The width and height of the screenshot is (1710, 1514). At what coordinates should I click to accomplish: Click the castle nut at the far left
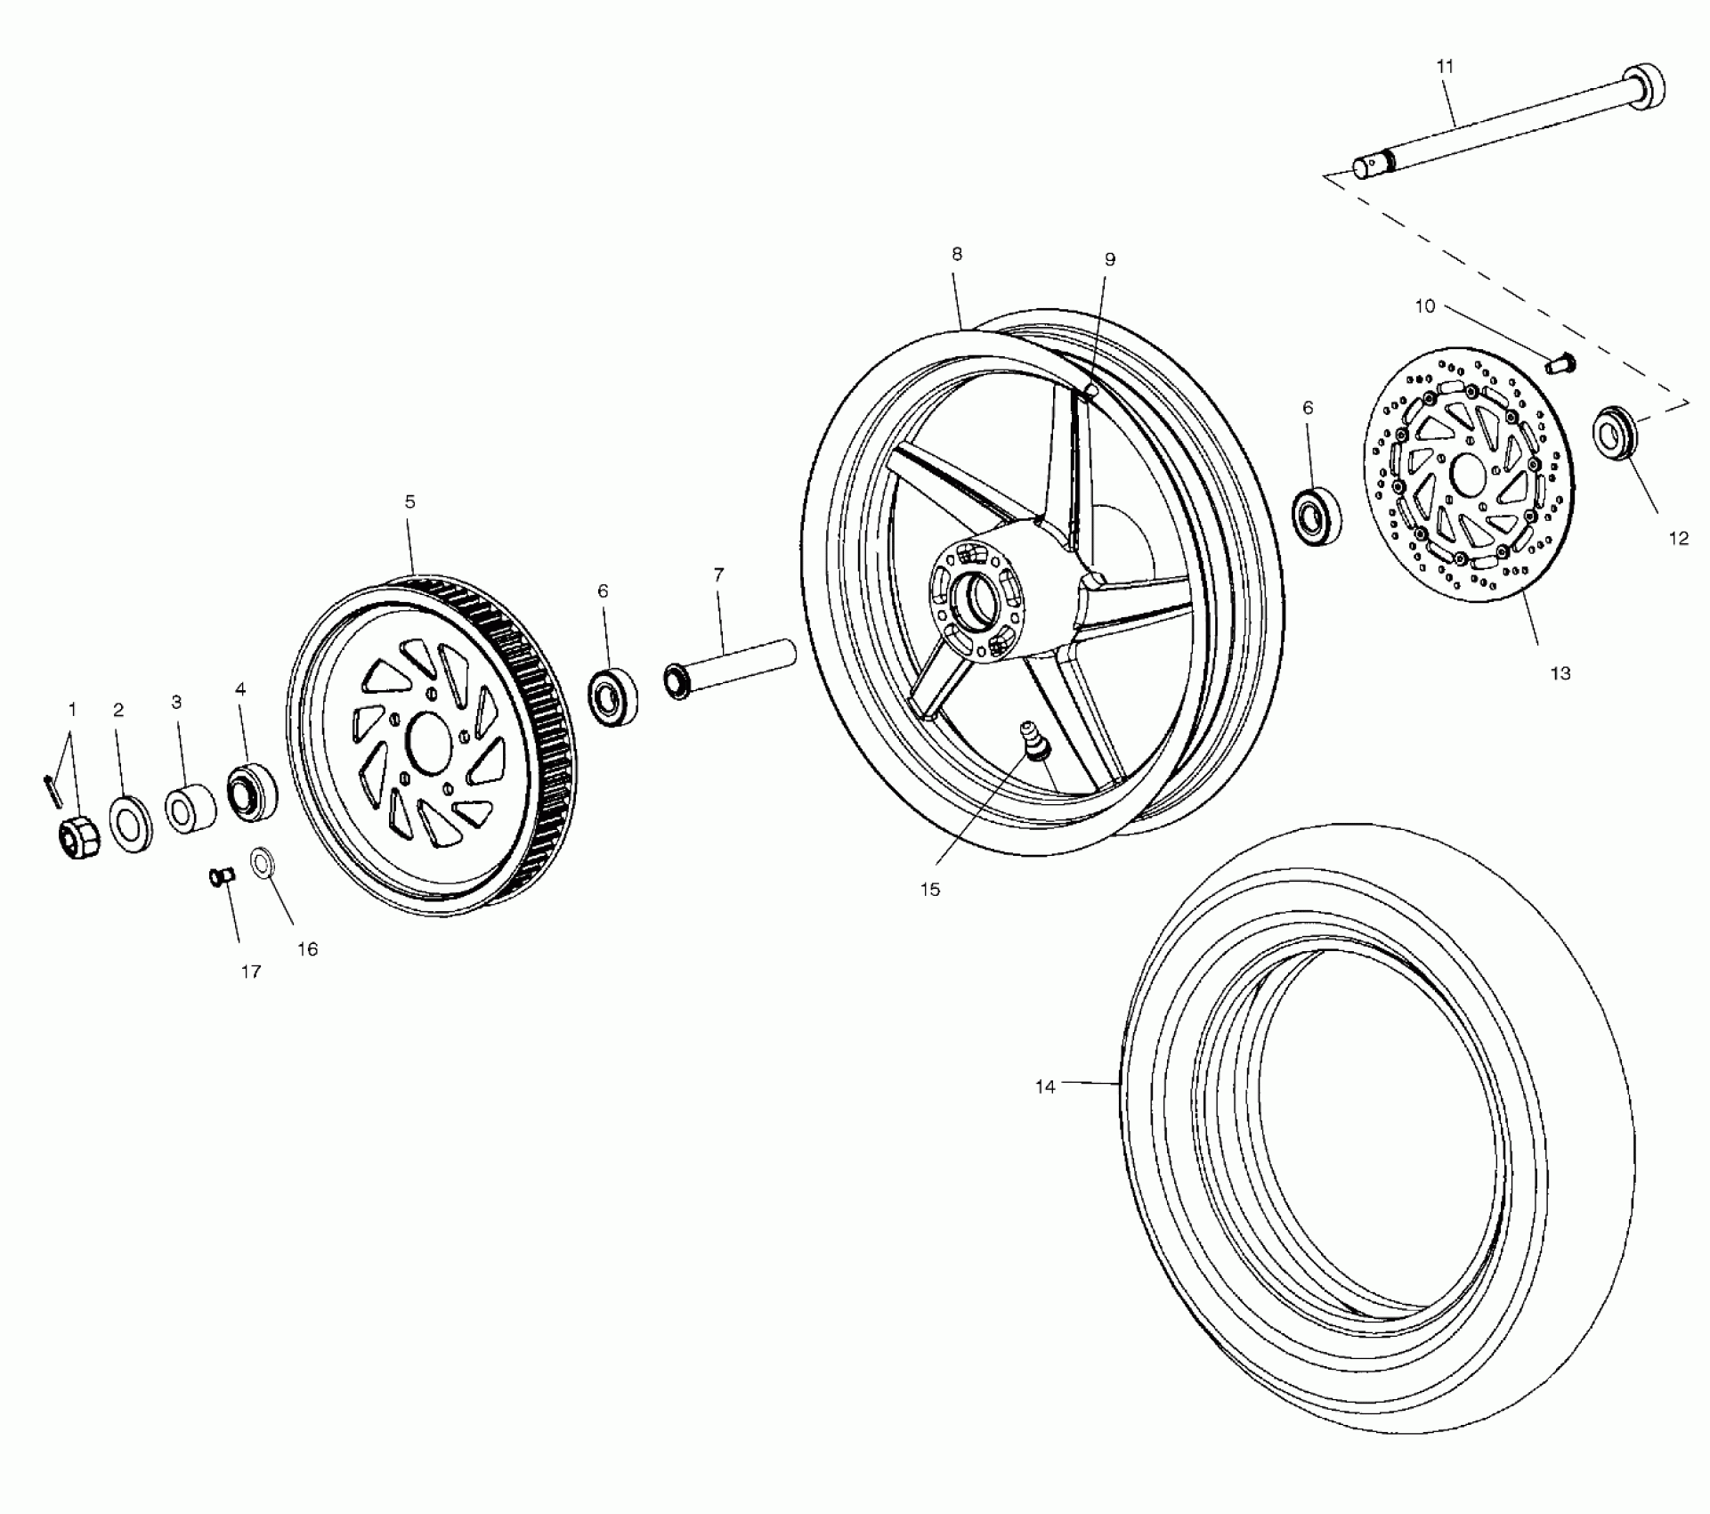(x=75, y=836)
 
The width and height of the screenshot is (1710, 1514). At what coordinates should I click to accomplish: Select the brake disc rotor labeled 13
(x=1469, y=482)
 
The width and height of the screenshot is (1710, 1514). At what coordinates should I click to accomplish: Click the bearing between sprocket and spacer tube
(x=612, y=696)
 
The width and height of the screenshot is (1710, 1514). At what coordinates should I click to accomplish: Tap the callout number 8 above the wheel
(x=957, y=254)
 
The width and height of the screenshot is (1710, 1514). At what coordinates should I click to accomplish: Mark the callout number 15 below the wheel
(x=929, y=889)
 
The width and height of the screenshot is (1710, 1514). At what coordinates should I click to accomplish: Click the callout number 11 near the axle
(x=1444, y=66)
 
